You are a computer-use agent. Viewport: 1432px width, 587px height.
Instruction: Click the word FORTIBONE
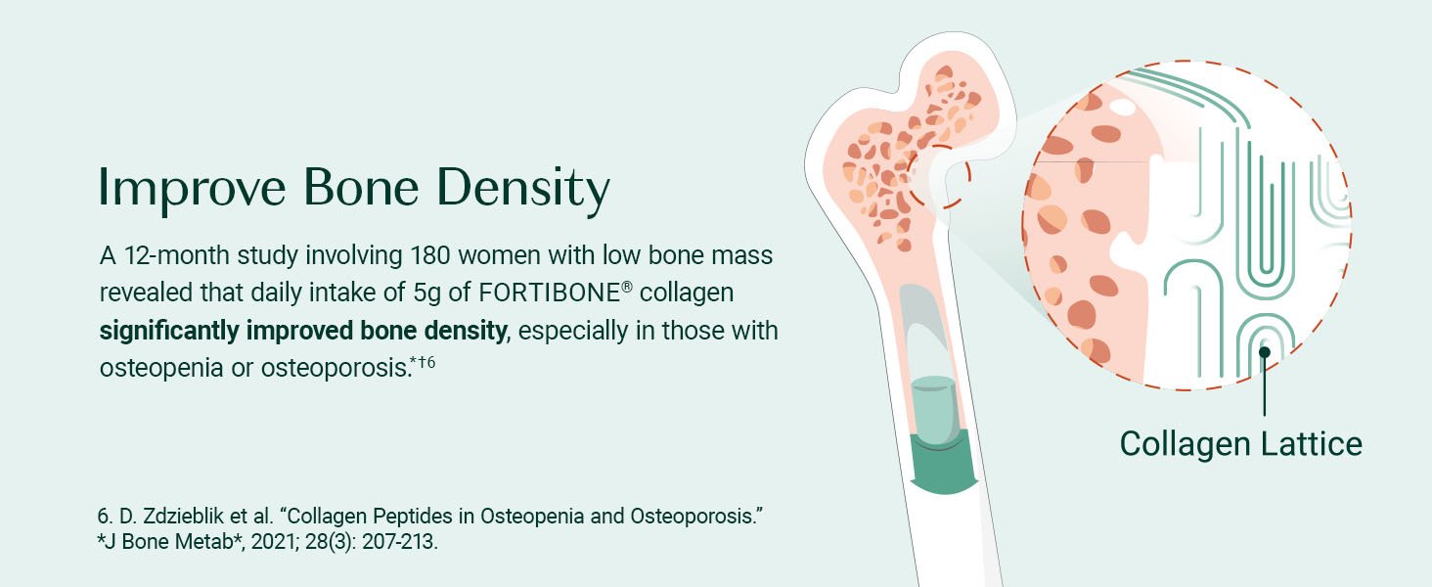click(x=550, y=293)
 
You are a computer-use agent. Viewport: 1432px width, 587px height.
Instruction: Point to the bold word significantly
click(x=169, y=332)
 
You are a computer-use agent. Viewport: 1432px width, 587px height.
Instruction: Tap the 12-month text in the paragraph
click(x=176, y=255)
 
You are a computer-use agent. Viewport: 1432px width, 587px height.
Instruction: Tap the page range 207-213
click(x=399, y=542)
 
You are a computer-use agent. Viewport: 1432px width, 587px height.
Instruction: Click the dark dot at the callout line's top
click(x=1264, y=351)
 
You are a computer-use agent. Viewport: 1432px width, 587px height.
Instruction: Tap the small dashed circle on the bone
click(x=938, y=176)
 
